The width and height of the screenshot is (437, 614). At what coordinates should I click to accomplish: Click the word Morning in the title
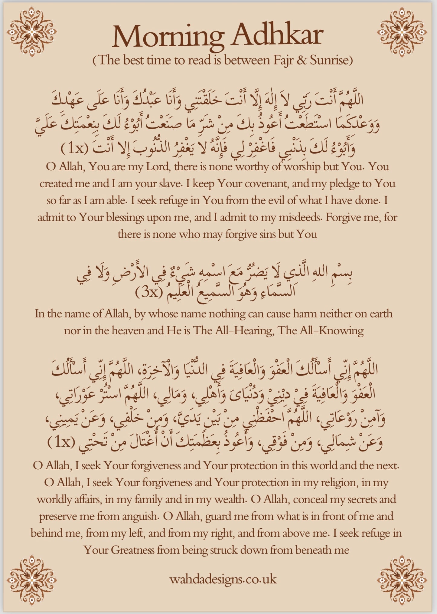[x=168, y=36]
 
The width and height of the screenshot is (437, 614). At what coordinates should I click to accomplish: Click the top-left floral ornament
[x=32, y=32]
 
